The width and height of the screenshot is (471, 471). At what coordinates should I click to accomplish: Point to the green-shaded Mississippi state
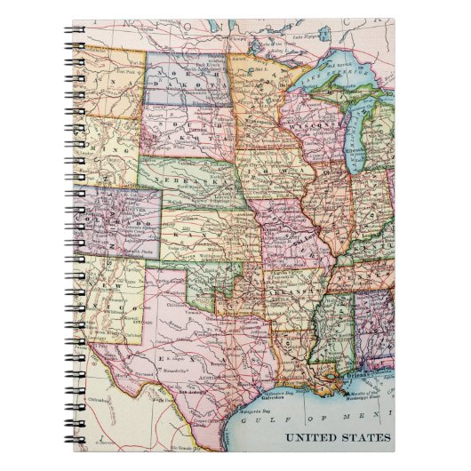[x=335, y=333]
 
